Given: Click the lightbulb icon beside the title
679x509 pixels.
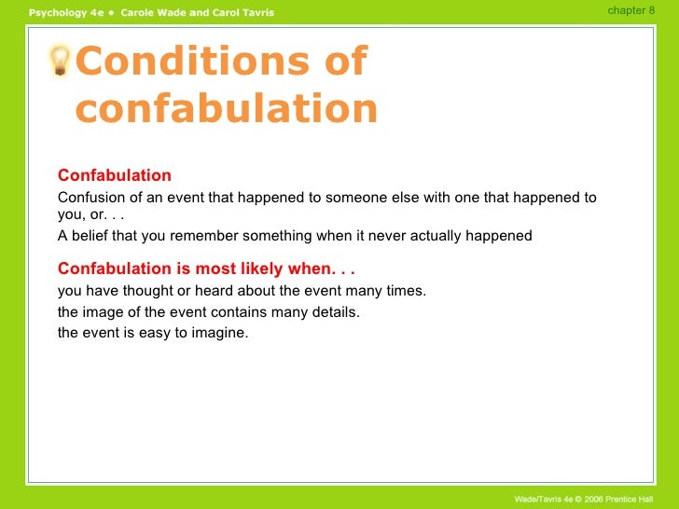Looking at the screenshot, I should pyautogui.click(x=61, y=62).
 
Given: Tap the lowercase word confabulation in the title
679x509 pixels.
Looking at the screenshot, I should pyautogui.click(x=227, y=109).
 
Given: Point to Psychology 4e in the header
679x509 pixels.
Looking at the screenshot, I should pyautogui.click(x=65, y=12).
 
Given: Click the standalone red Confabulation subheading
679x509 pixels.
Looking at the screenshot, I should pyautogui.click(x=115, y=175).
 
